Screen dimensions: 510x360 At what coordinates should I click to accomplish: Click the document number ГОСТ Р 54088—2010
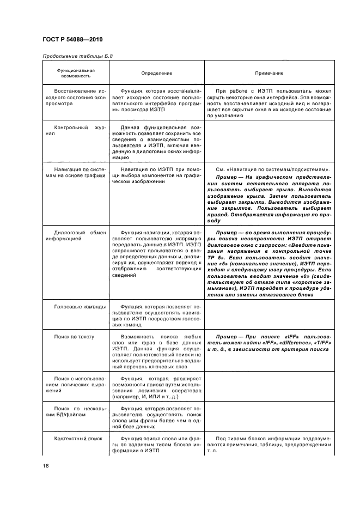coord(72,39)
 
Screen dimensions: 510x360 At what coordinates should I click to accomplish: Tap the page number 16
coord(46,465)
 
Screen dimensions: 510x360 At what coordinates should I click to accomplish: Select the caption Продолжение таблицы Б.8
coord(77,56)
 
